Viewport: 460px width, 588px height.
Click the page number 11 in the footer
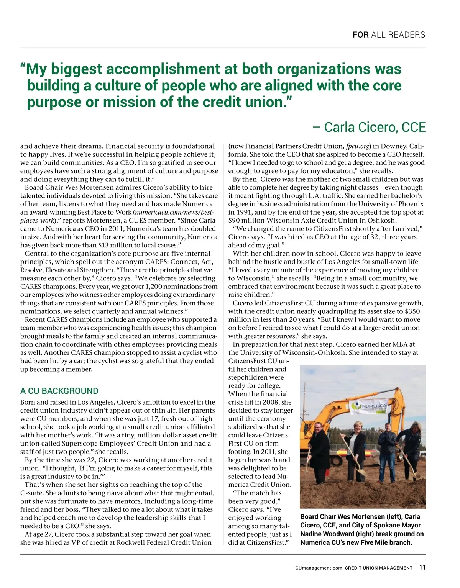coord(422,568)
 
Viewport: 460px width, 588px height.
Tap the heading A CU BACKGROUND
coord(59,391)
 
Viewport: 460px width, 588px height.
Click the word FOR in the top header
coord(360,35)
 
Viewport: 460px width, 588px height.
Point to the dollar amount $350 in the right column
coord(412,311)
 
